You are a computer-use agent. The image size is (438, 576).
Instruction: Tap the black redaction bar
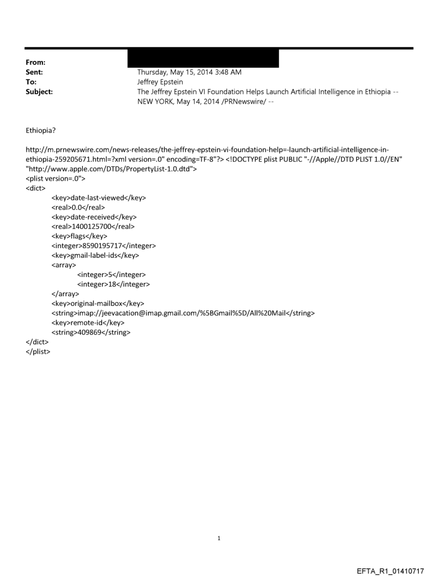click(x=203, y=59)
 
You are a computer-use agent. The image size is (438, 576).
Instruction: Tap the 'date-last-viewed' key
click(x=99, y=198)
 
